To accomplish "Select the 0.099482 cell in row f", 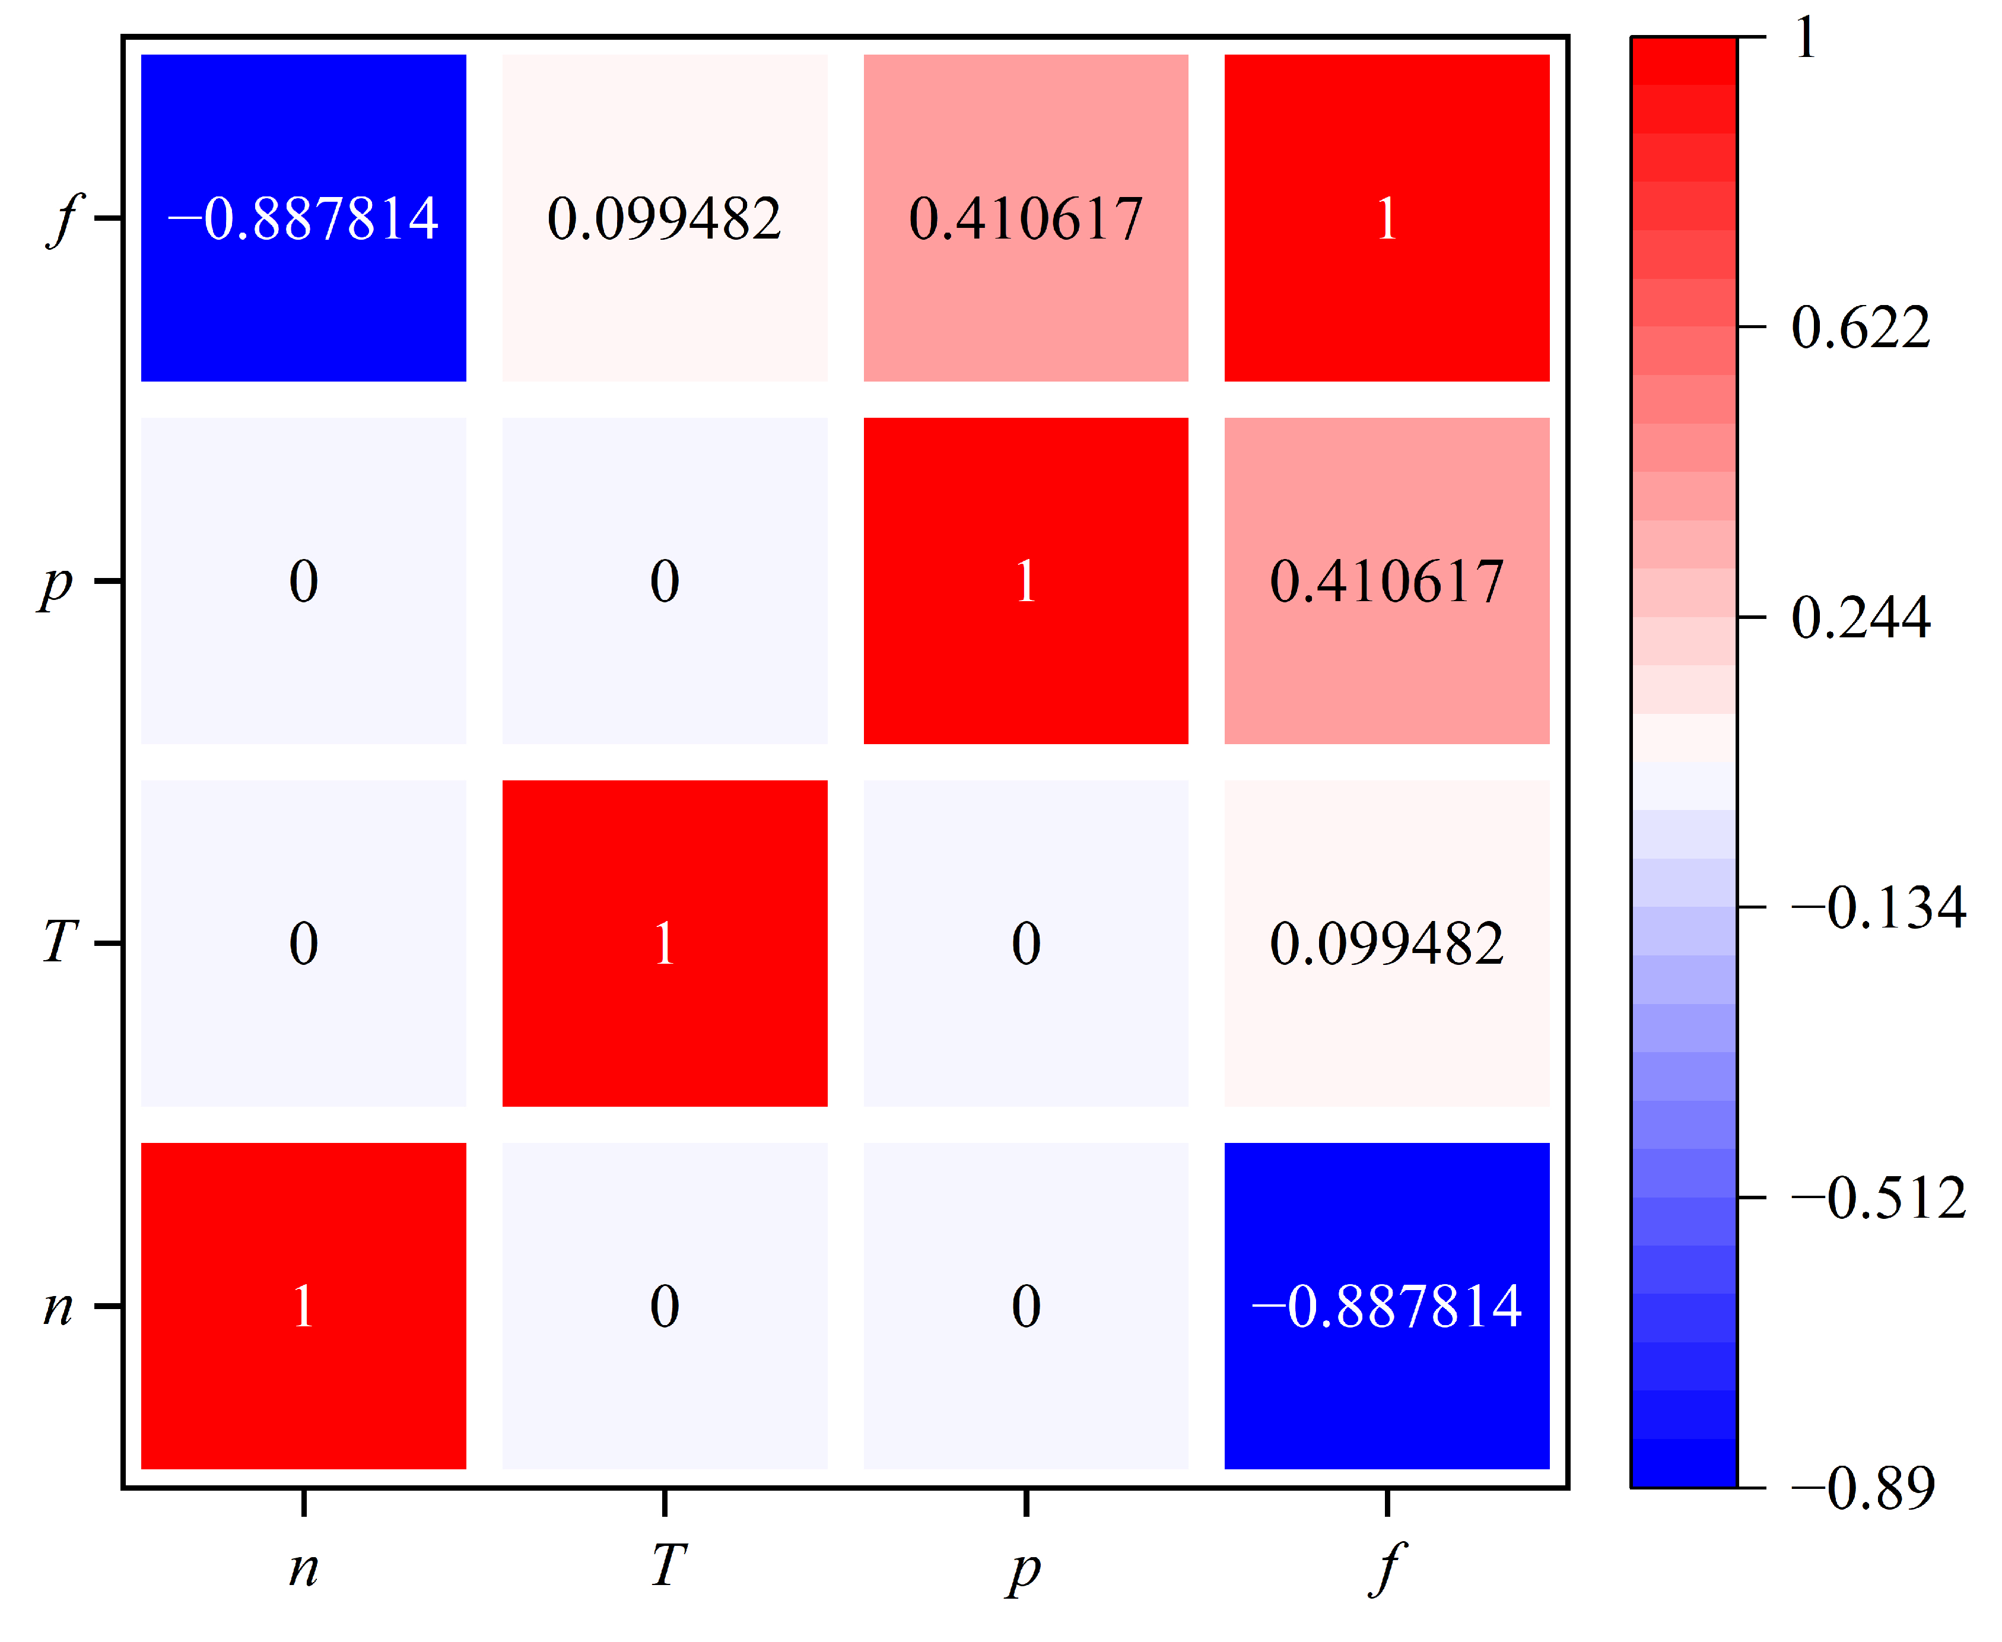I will point(664,218).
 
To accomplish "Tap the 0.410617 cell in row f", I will point(1025,218).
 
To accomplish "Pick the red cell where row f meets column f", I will point(1386,218).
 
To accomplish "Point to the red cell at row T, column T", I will point(664,943).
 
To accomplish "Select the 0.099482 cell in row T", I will point(1386,943).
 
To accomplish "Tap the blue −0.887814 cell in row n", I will point(1386,1306).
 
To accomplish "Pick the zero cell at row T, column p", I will point(1025,943).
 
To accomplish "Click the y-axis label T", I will point(59,943).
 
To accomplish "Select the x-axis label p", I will point(1024,1570).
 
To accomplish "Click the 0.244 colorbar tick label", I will point(1859,618).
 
